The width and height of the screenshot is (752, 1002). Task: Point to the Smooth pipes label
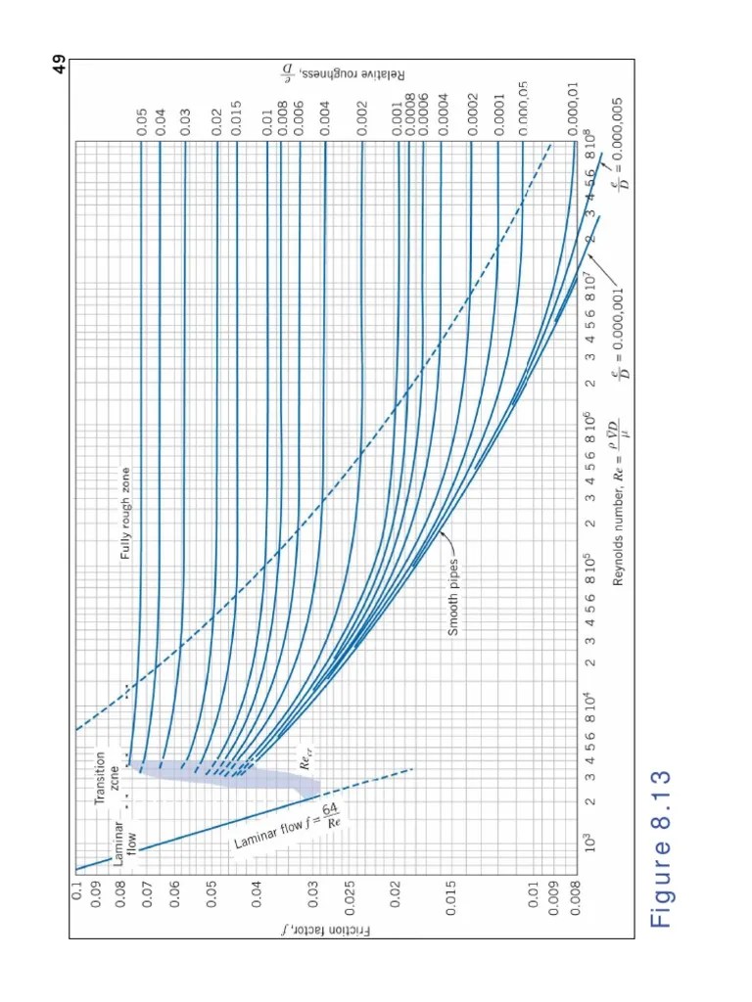(x=453, y=597)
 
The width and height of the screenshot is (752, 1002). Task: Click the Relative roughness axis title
(x=685, y=77)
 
